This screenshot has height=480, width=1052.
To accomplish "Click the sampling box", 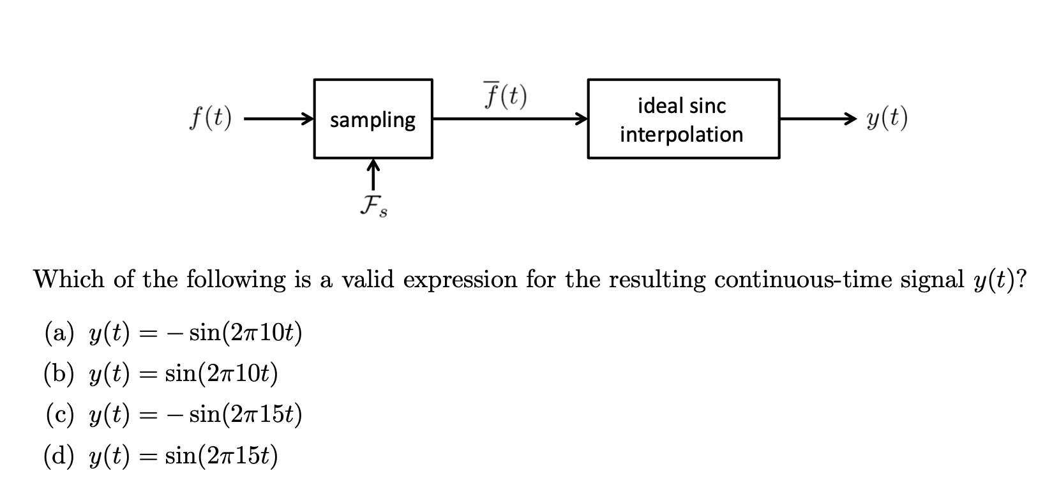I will coord(373,119).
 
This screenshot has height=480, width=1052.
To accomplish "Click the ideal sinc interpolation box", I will coord(682,119).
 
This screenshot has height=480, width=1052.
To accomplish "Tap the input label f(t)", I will coord(210,119).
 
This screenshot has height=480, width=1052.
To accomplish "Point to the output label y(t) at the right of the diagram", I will coord(887,119).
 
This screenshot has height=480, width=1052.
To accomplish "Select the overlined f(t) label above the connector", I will coord(504,96).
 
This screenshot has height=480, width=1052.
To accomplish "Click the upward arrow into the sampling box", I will coord(373,173).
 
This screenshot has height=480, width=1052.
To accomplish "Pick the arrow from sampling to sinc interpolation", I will coord(509,119).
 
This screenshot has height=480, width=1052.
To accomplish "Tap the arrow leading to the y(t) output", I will coord(817,119).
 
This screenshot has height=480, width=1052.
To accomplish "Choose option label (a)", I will coord(59,333).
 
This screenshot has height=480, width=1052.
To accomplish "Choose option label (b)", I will coord(59,374).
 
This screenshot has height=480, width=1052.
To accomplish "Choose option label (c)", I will coord(59,415).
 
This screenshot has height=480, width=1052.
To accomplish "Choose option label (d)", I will coord(59,456).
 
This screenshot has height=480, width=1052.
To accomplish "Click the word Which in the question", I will coord(68,279).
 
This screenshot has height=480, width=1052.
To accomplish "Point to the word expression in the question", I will coord(460,280).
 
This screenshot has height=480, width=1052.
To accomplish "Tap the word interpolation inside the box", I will coord(681,135).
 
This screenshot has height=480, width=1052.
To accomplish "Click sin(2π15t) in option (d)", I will coord(222,456).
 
